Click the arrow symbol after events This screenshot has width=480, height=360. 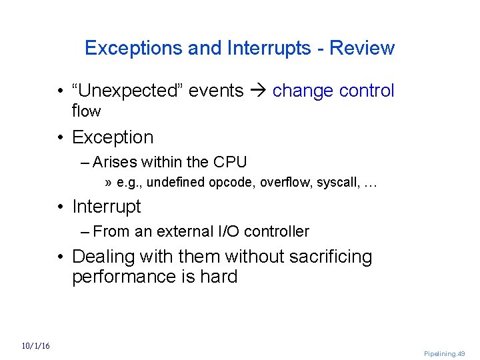[258, 91]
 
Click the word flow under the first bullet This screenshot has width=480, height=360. [86, 111]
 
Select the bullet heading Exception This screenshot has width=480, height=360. [113, 137]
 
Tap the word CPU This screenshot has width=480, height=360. [230, 162]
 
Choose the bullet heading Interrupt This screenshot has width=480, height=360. [107, 207]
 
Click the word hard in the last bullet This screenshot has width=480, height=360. [219, 277]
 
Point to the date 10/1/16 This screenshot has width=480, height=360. [36, 345]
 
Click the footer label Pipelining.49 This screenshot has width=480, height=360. [444, 353]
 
